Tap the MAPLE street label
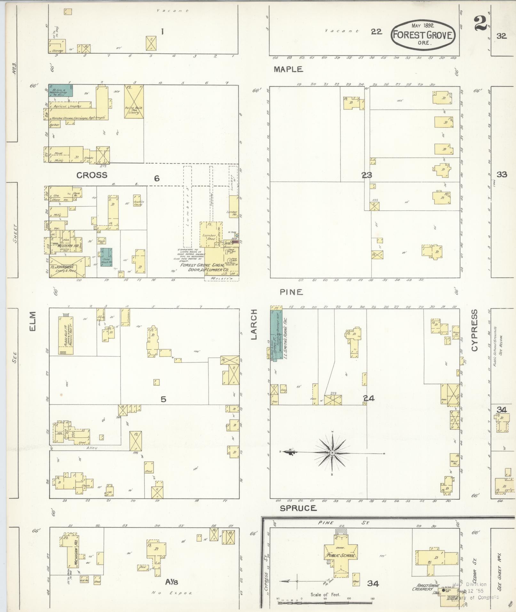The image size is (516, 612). (288, 69)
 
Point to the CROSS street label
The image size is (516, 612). (92, 175)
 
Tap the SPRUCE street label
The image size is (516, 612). (298, 508)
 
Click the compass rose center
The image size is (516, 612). (332, 453)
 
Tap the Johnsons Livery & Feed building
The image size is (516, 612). (67, 266)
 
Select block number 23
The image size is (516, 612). (367, 175)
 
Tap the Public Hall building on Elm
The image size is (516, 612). (66, 335)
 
